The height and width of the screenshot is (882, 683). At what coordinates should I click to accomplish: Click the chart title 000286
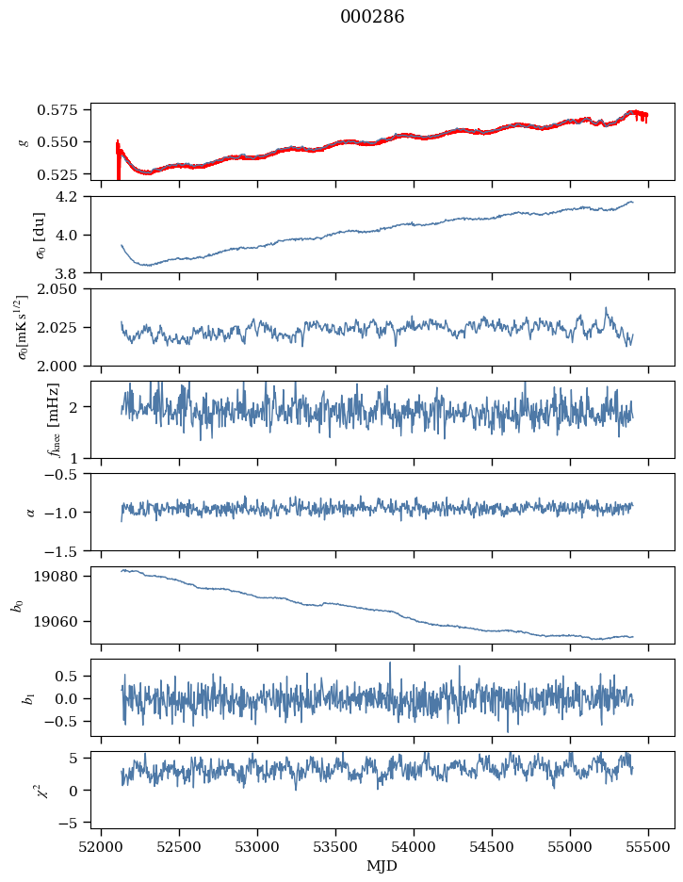[372, 16]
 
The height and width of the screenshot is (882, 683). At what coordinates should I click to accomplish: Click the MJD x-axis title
[382, 866]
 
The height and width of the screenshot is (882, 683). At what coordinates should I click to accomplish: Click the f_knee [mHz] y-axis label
[54, 419]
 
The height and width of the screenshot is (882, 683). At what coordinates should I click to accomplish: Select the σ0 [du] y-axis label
[40, 236]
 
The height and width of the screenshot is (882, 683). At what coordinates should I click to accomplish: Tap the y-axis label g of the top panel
[24, 141]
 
